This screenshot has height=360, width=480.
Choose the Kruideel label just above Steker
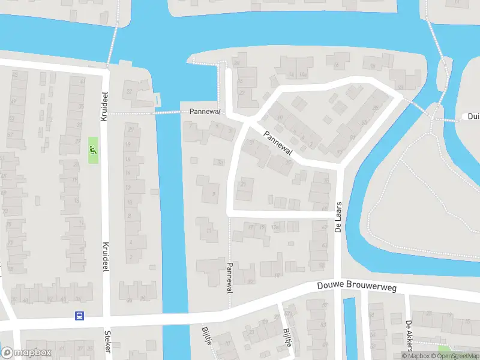pyautogui.click(x=106, y=257)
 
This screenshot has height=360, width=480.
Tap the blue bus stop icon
pyautogui.click(x=78, y=316)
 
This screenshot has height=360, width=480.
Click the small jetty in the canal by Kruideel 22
pyautogui.click(x=157, y=98)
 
